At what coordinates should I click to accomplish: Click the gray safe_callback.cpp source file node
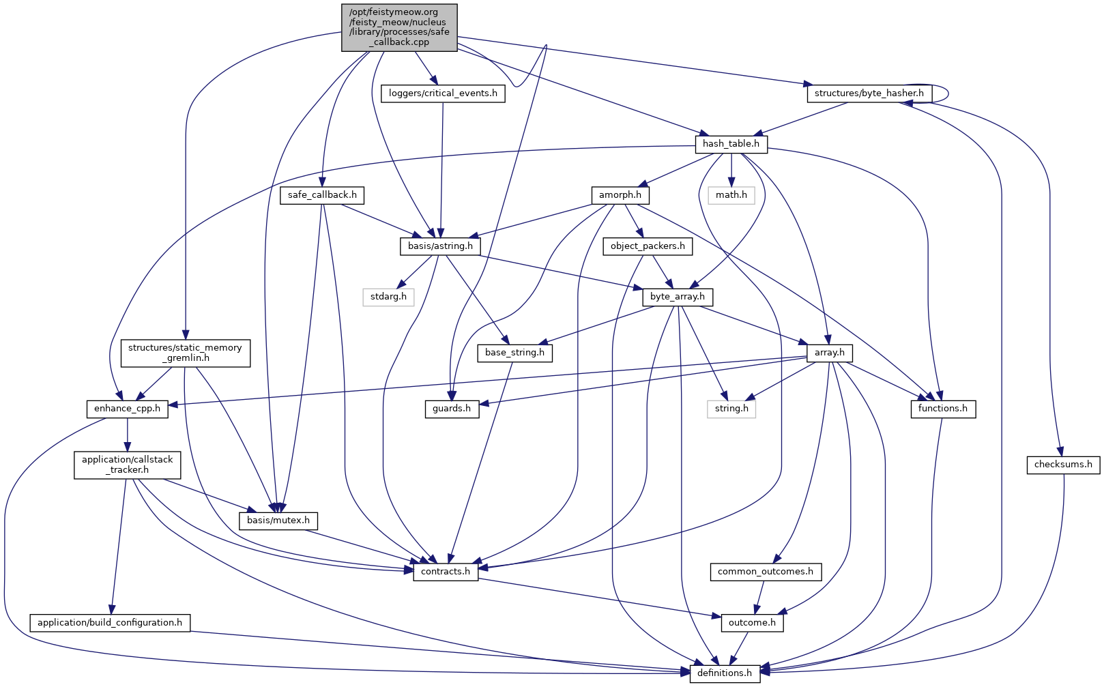pyautogui.click(x=399, y=27)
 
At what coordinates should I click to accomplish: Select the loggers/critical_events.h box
pyautogui.click(x=443, y=93)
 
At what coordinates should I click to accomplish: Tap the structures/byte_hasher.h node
pyautogui.click(x=869, y=93)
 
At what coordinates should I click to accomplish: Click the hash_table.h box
pyautogui.click(x=731, y=144)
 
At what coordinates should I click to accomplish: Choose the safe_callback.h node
pyautogui.click(x=322, y=195)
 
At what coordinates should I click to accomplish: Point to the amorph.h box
pyautogui.click(x=620, y=195)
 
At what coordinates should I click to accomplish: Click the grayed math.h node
pyautogui.click(x=731, y=195)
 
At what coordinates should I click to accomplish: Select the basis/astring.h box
pyautogui.click(x=440, y=246)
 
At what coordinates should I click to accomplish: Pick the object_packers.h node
pyautogui.click(x=648, y=246)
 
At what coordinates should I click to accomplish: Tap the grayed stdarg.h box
pyautogui.click(x=388, y=297)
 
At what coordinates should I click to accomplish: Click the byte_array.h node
pyautogui.click(x=677, y=297)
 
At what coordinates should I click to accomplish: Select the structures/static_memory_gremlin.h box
pyautogui.click(x=185, y=353)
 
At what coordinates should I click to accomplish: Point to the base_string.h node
pyautogui.click(x=514, y=353)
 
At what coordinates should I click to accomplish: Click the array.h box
pyautogui.click(x=829, y=353)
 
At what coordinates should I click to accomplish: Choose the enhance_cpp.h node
pyautogui.click(x=127, y=409)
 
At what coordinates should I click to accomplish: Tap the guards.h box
pyautogui.click(x=452, y=409)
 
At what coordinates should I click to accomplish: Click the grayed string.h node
pyautogui.click(x=731, y=409)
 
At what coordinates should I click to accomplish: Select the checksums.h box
pyautogui.click(x=1062, y=465)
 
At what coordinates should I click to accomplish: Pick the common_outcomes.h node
pyautogui.click(x=765, y=572)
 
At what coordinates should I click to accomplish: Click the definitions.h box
pyautogui.click(x=724, y=673)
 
